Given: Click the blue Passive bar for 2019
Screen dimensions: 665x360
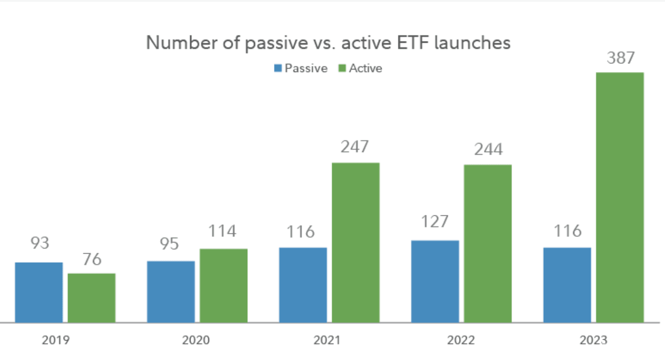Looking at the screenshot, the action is coord(39,292).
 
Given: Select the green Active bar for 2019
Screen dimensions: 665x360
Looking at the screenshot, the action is coord(91,298).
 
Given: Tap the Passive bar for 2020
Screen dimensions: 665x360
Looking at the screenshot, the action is coord(171,292).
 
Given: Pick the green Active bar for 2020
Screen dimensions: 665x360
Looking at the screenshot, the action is coord(223,286).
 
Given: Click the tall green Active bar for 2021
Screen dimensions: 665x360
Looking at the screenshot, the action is coord(355,242).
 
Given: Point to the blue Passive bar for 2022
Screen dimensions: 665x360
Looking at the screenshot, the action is coord(435,281).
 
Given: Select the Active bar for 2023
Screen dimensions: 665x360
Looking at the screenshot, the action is coord(620,197).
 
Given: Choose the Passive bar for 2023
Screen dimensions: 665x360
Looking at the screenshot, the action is coord(567,285).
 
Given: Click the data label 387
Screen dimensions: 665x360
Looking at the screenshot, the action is coord(621,58).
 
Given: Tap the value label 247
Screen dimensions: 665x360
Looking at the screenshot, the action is coord(355,146).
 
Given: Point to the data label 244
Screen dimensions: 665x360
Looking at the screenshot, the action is coord(489,149).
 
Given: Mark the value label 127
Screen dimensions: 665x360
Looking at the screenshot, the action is coord(435,221).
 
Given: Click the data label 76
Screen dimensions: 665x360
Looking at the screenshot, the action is coord(92,259).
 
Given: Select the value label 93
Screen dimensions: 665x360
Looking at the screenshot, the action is coord(40,243).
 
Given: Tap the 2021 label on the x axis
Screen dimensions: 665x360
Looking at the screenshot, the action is coord(327,340).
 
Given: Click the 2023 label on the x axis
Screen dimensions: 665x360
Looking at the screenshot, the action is coord(594,340).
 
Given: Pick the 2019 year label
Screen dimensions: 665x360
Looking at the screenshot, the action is coord(56,340).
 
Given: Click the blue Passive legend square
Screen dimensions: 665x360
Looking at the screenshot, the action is coord(278,68).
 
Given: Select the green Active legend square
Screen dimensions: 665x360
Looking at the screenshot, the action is coord(342,68).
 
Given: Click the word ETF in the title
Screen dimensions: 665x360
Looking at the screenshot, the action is coord(413,42).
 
